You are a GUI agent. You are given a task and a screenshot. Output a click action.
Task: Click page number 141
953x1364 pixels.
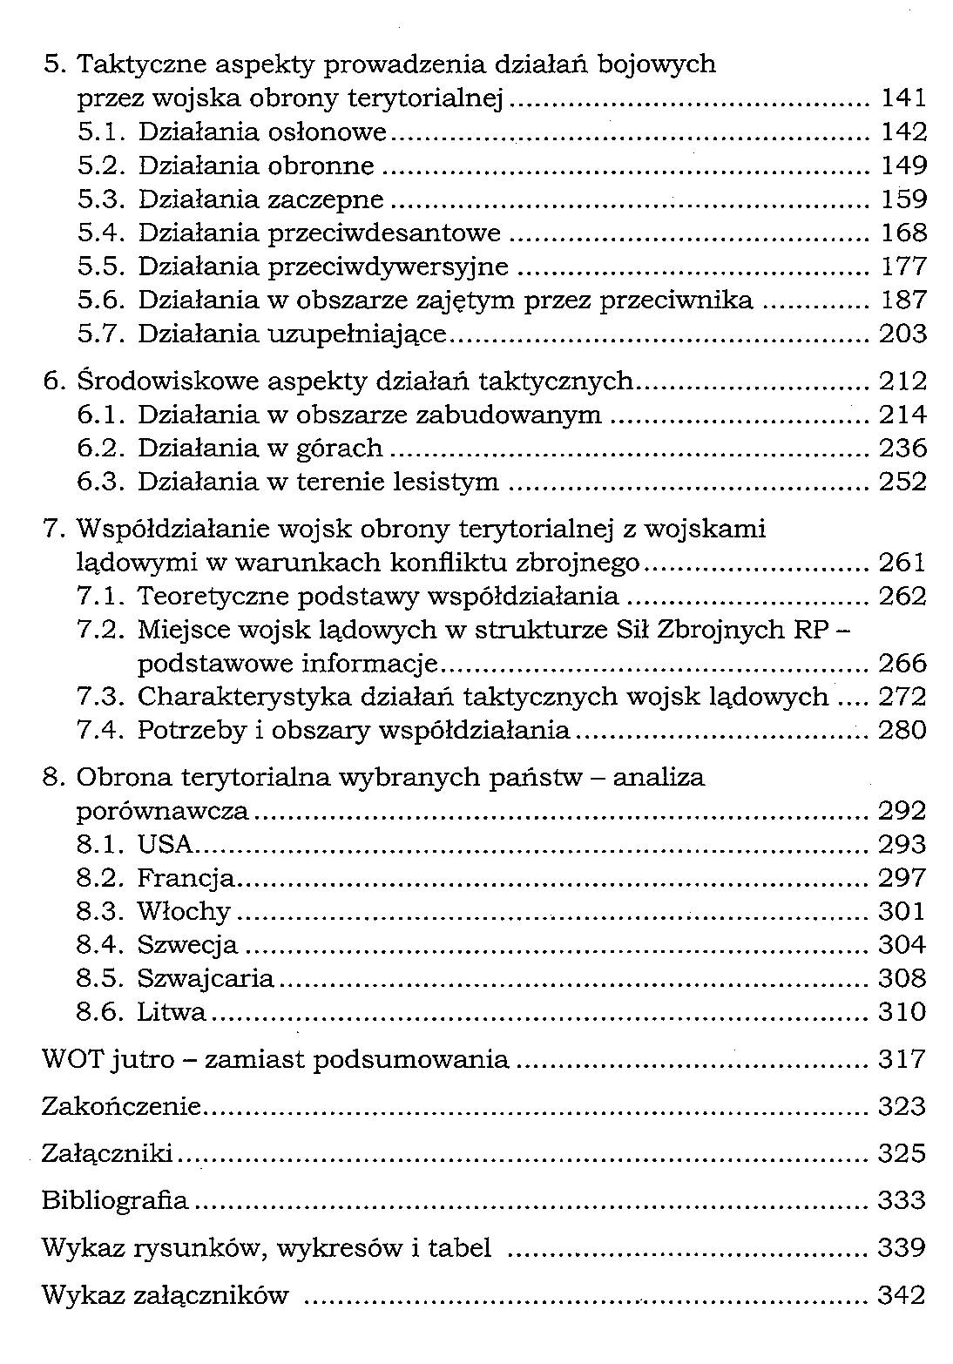[x=902, y=98]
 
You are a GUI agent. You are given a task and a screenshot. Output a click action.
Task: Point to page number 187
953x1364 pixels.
[x=902, y=300]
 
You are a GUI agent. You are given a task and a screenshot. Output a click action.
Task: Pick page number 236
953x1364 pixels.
[x=902, y=449]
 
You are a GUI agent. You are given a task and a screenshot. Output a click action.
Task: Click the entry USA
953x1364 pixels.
[x=165, y=844]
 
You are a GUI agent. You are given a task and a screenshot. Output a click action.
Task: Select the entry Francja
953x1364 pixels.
[x=186, y=878]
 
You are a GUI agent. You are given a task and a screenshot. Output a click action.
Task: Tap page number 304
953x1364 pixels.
[x=902, y=945]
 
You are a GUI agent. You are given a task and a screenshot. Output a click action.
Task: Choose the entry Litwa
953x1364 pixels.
[x=172, y=1012]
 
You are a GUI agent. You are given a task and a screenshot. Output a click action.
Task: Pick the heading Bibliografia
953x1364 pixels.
[x=115, y=1201]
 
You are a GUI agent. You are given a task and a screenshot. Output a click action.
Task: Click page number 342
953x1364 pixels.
[x=901, y=1296]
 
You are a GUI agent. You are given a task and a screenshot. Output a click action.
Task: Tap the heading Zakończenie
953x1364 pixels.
[x=121, y=1107]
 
